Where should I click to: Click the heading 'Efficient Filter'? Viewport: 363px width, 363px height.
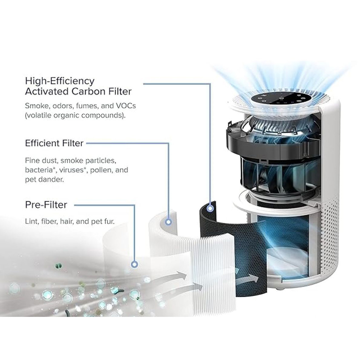pyautogui.click(x=54, y=143)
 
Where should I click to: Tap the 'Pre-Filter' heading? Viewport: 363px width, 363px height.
pyautogui.click(x=46, y=205)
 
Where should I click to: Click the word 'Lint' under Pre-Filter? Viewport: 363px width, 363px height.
pyautogui.click(x=31, y=221)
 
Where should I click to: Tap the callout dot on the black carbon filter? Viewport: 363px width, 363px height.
pyautogui.click(x=210, y=208)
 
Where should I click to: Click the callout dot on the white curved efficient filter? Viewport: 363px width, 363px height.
pyautogui.click(x=168, y=222)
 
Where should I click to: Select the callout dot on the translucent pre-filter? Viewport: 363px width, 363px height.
pyautogui.click(x=135, y=264)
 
